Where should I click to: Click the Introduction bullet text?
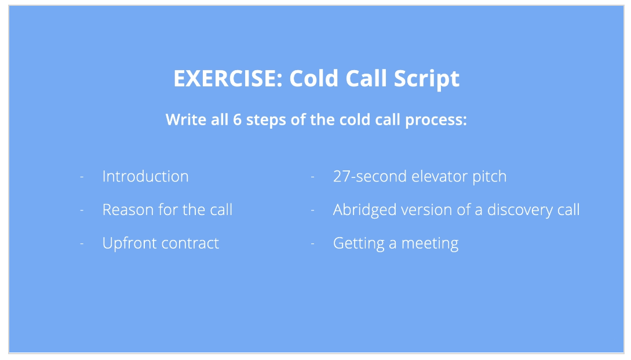(145, 176)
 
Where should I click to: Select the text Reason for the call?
(167, 209)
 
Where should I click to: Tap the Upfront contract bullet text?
(161, 243)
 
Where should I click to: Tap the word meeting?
(430, 243)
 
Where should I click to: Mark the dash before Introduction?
(82, 176)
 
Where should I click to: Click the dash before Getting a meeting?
(313, 243)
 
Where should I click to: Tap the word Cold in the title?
(314, 79)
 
